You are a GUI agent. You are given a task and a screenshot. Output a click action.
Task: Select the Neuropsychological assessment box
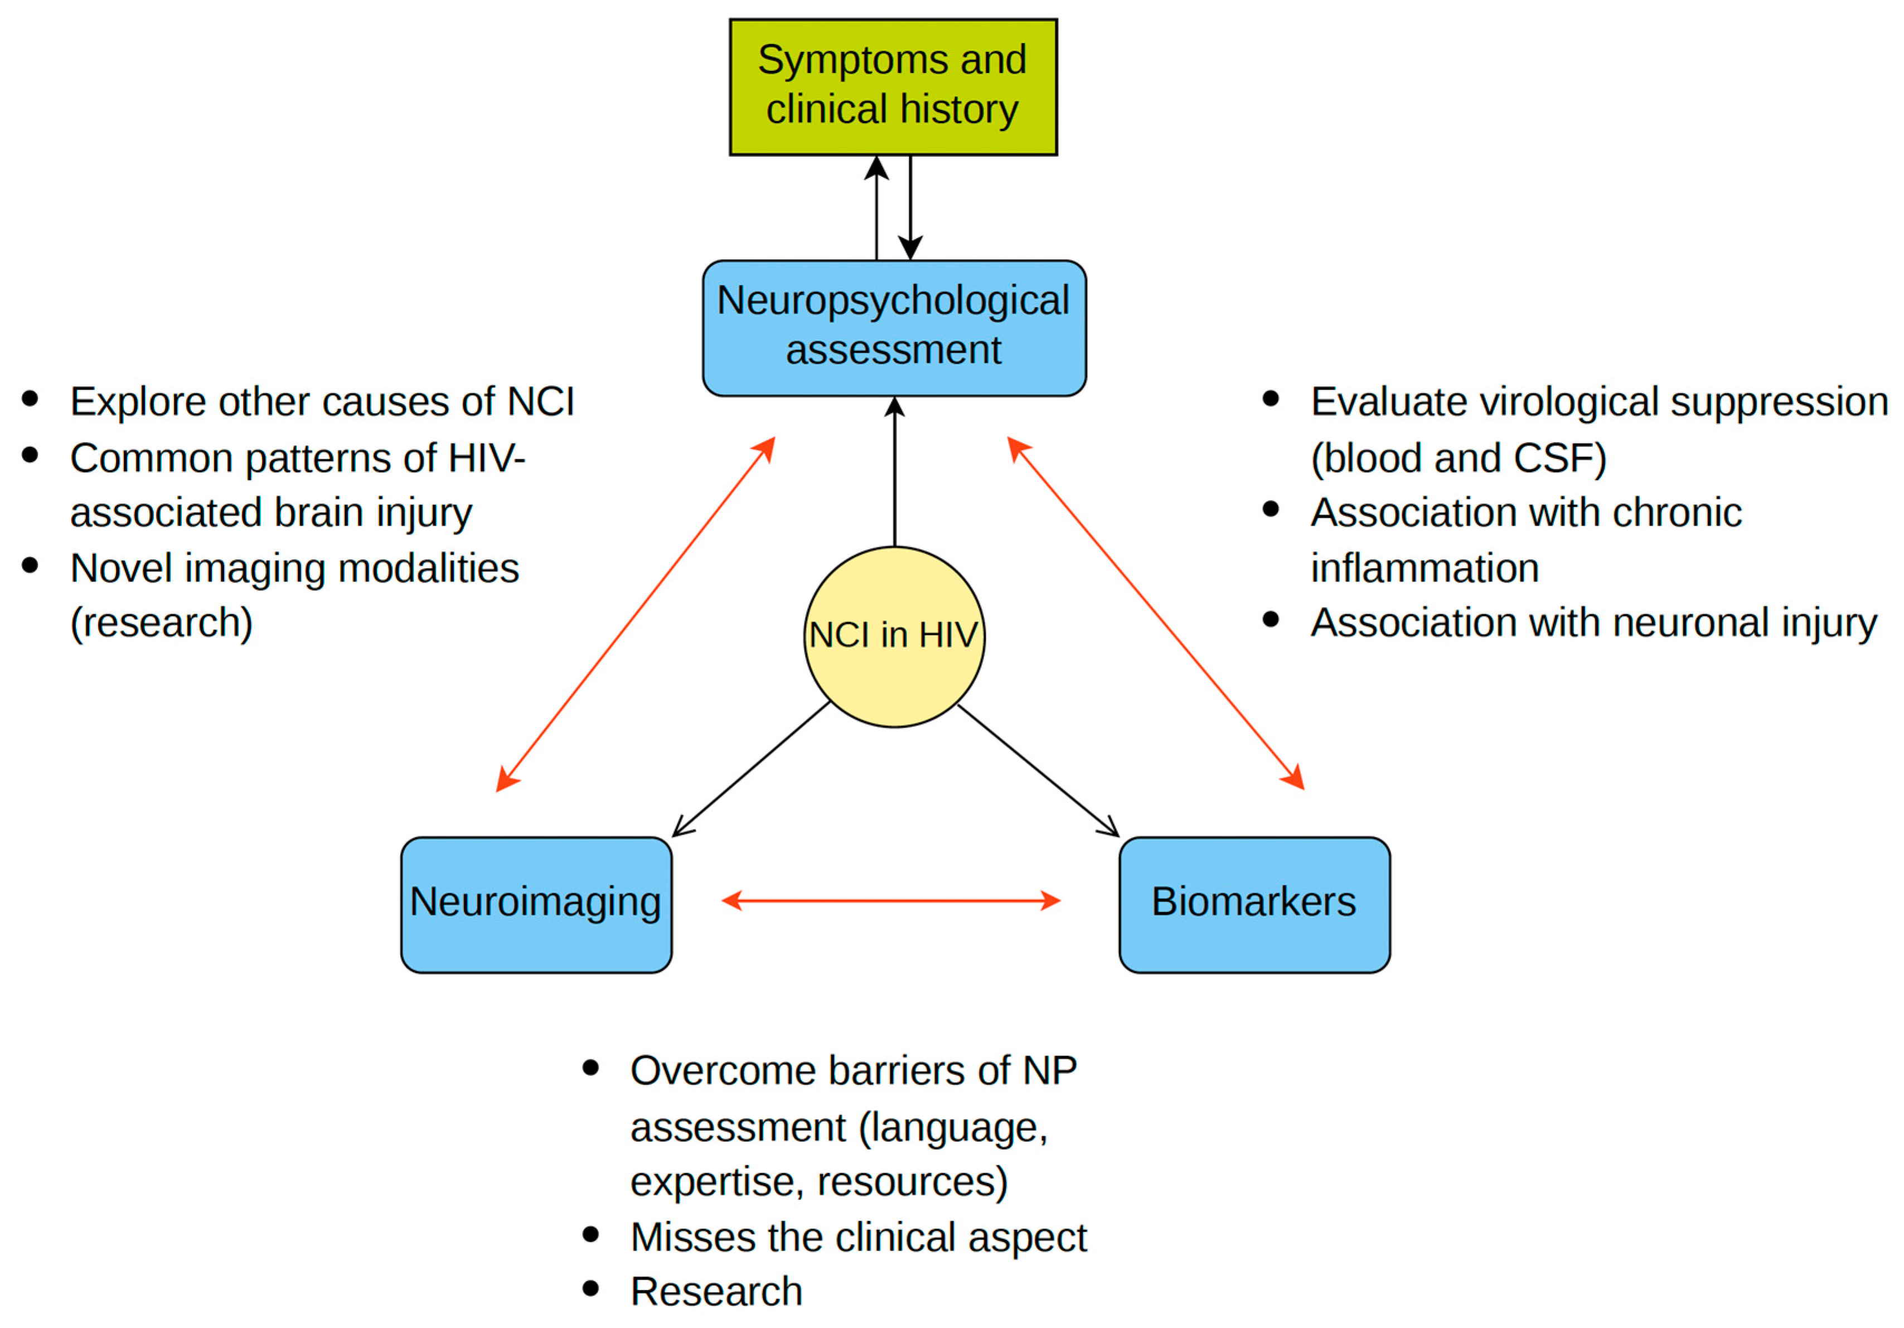pyautogui.click(x=893, y=328)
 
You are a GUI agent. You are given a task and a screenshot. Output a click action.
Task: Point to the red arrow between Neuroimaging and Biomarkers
pyautogui.click(x=892, y=900)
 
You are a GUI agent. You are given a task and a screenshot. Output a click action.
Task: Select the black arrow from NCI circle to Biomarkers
pyautogui.click(x=1038, y=770)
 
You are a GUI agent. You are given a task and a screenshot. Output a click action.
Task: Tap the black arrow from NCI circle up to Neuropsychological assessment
pyautogui.click(x=894, y=473)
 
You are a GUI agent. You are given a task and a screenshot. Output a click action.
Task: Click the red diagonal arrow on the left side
pyautogui.click(x=635, y=614)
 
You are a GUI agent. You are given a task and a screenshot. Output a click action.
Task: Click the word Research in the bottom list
pyautogui.click(x=716, y=1292)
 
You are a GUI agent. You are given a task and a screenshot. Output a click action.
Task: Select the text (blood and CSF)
pyautogui.click(x=1458, y=458)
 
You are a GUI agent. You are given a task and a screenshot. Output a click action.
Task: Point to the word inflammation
pyautogui.click(x=1424, y=568)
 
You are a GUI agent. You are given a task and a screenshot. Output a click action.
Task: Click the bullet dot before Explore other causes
pyautogui.click(x=31, y=399)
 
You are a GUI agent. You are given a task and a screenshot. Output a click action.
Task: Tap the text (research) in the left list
pyautogui.click(x=161, y=623)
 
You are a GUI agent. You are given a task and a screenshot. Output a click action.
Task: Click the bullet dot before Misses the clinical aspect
pyautogui.click(x=590, y=1235)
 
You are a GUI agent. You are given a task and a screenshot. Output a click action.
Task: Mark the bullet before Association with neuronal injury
pyautogui.click(x=1271, y=619)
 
